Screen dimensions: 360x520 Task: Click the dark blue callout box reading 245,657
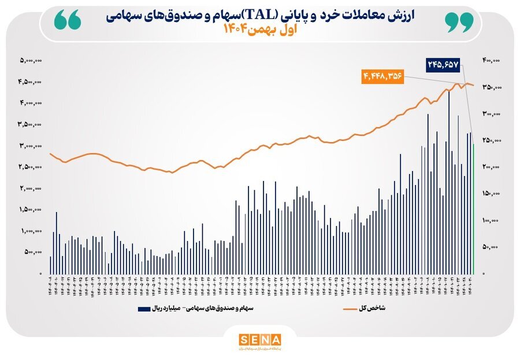(443, 65)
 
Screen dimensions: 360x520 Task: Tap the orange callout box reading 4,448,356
(382, 76)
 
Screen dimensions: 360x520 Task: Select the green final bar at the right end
(474, 208)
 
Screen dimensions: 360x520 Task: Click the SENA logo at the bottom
(259, 339)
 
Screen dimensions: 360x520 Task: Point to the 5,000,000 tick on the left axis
(31, 60)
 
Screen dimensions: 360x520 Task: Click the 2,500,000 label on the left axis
(31, 167)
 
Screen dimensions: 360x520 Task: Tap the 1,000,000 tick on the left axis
(31, 231)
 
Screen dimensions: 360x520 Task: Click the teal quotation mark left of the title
(66, 21)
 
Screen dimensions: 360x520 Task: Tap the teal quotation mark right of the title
(459, 21)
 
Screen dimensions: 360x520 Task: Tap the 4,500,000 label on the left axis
(31, 81)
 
